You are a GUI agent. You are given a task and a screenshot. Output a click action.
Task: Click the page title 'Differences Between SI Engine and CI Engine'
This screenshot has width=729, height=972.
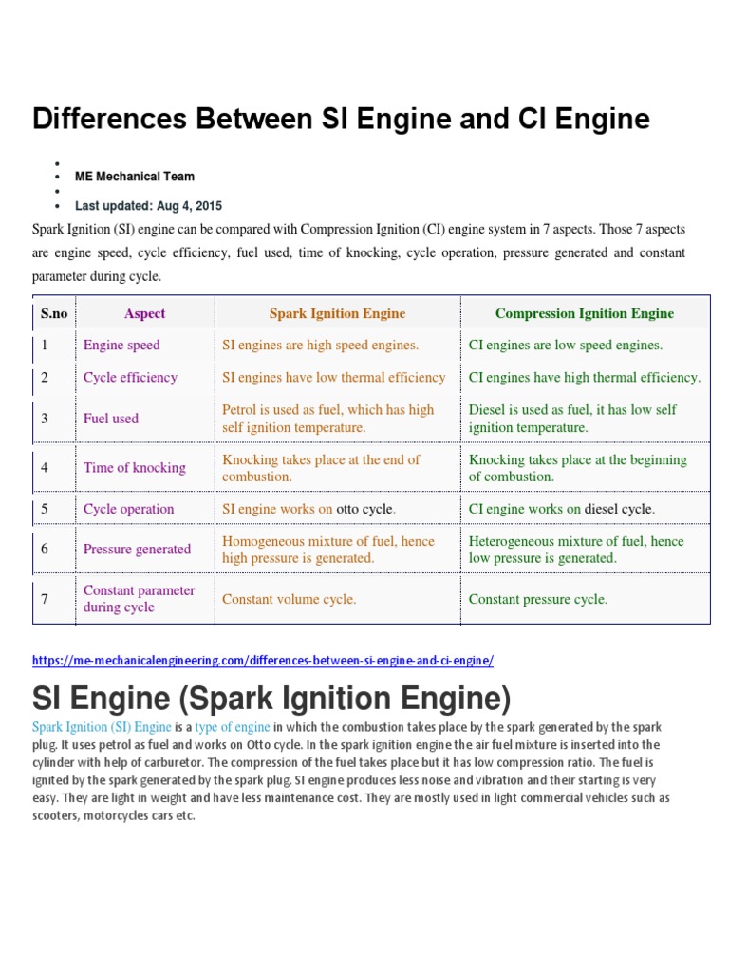341,120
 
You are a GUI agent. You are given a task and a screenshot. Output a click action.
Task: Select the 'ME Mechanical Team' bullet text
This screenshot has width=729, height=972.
135,176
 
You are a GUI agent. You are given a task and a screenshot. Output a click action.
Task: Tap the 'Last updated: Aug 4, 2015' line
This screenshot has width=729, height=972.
148,205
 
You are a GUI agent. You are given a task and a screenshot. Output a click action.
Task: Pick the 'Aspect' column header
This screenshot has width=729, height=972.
144,313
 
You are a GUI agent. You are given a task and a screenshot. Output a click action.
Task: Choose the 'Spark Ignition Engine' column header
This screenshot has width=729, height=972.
337,313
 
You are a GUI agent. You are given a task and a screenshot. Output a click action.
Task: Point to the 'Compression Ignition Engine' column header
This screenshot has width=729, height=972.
585,313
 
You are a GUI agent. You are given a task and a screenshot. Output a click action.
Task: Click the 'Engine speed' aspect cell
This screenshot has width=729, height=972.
121,345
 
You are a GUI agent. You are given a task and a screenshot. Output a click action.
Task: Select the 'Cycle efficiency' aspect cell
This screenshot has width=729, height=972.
130,377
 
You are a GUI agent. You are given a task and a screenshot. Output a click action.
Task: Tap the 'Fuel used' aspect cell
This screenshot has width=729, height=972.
111,418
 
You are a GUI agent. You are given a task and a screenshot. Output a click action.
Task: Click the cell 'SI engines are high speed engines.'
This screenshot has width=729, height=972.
320,345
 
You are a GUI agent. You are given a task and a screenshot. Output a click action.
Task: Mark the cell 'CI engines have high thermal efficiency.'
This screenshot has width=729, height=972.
585,377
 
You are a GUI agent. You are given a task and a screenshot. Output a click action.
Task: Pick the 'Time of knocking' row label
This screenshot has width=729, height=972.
135,467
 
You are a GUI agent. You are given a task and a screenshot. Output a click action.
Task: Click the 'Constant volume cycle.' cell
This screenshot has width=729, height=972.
290,599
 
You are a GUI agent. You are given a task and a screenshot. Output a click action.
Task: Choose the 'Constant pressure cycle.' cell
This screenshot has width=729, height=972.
538,599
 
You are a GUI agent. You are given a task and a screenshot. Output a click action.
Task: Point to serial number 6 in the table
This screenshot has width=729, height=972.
44,550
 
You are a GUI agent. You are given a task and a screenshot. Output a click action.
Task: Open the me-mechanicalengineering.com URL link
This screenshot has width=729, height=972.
263,660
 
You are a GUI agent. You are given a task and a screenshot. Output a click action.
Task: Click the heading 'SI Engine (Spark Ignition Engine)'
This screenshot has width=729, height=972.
271,700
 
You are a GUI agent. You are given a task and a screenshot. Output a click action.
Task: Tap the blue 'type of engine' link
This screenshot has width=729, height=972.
233,727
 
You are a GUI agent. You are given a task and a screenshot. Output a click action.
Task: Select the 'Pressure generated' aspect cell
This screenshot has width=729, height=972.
137,550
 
